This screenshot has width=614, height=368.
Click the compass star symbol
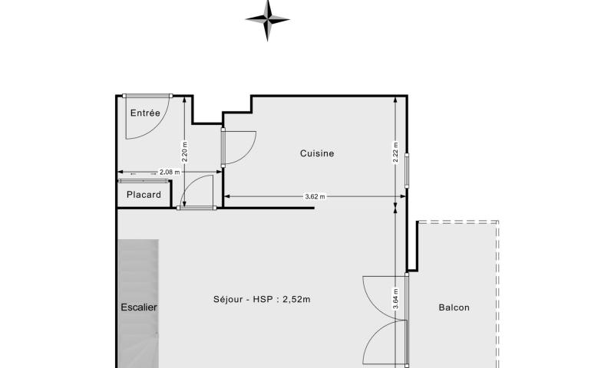(267, 20)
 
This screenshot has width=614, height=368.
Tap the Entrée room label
(145, 113)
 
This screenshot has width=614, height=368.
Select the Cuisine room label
(317, 153)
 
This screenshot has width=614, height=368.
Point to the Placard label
(144, 195)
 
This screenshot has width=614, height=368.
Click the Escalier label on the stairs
(139, 307)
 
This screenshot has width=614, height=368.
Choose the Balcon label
(454, 307)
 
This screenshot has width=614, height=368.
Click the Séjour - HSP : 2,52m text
(262, 299)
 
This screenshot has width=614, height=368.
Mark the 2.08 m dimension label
(170, 172)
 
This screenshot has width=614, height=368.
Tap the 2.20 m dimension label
(185, 152)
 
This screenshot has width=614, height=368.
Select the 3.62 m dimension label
(315, 197)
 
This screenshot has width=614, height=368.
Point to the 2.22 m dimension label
(395, 153)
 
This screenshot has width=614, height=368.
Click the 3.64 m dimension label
(395, 299)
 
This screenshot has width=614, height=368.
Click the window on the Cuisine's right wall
(407, 171)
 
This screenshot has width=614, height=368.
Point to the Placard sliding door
(144, 181)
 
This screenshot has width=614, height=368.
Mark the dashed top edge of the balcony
(458, 222)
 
